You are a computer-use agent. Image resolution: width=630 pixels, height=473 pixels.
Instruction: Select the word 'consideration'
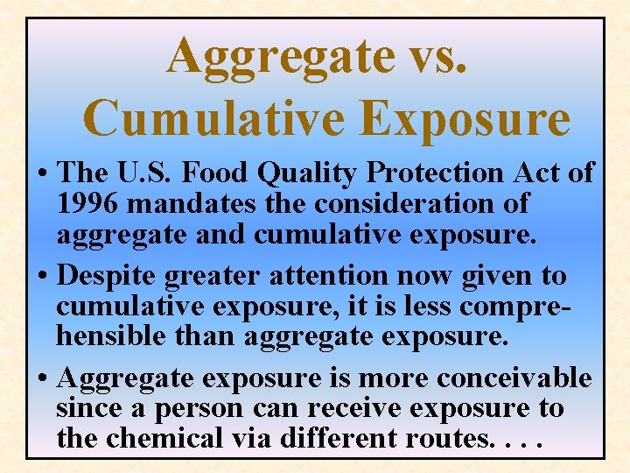tap(419, 204)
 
